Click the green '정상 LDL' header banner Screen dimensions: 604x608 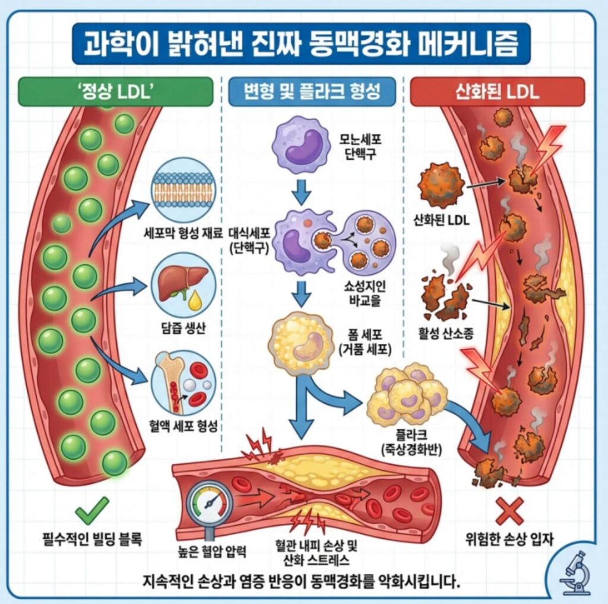point(115,92)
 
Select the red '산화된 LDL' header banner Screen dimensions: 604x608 point(497,92)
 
